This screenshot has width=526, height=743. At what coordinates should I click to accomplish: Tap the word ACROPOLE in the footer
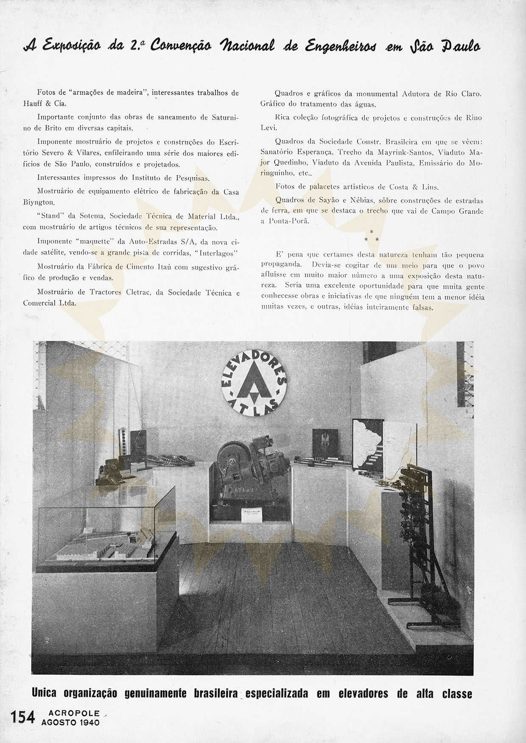pyautogui.click(x=70, y=713)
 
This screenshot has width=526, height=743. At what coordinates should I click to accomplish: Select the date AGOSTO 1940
pyautogui.click(x=70, y=722)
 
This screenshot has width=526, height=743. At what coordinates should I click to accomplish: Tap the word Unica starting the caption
pyautogui.click(x=44, y=694)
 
